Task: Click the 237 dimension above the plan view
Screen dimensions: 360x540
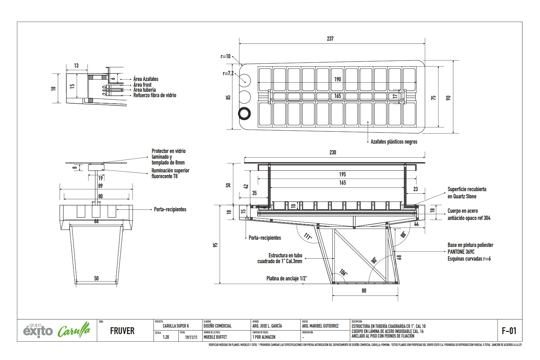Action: click(330, 39)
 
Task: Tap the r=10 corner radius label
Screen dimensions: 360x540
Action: click(225, 57)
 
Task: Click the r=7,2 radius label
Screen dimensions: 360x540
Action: click(228, 73)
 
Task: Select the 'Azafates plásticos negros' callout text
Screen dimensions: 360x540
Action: click(394, 142)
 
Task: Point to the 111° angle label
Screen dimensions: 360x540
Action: click(307, 237)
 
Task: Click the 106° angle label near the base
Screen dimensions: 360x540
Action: click(343, 272)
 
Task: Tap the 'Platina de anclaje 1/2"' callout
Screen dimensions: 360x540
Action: click(287, 278)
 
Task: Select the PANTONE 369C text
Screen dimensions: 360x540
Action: click(461, 252)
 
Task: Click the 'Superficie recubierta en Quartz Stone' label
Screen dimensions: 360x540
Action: click(467, 193)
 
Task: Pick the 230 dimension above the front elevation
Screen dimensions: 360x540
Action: click(333, 153)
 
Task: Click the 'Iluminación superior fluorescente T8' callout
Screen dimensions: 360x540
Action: click(170, 174)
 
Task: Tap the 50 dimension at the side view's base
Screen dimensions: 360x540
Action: click(96, 278)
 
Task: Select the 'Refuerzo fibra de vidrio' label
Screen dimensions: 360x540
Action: click(155, 95)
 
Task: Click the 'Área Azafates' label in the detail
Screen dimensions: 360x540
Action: click(146, 79)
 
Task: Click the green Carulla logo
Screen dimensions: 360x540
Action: click(73, 330)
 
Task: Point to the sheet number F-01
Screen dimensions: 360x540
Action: click(509, 330)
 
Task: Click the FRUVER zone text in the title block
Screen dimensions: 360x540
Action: click(122, 331)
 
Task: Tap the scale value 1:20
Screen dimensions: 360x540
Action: click(166, 337)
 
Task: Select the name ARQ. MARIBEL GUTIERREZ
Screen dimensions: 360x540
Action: click(320, 326)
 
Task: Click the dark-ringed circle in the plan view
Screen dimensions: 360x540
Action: click(244, 113)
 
